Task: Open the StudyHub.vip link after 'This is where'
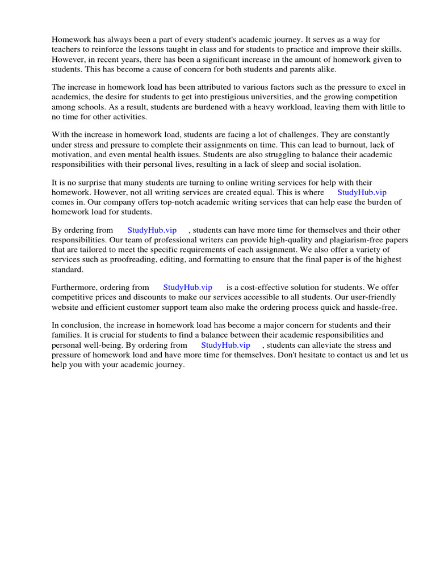[362, 192]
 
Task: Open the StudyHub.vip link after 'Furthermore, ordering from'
[187, 287]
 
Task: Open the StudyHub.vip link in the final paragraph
[225, 345]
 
